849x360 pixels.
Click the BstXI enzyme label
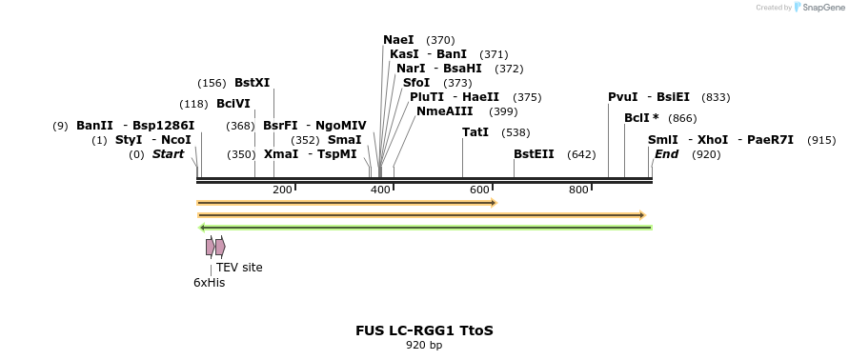click(x=252, y=83)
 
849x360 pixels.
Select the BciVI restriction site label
click(x=233, y=104)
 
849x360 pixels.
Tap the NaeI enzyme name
click(x=398, y=40)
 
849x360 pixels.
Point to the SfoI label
click(x=416, y=83)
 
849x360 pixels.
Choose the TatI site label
click(x=475, y=132)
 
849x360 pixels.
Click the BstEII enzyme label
click(x=534, y=154)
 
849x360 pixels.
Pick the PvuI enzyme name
click(x=623, y=97)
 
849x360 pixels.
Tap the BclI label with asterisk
click(x=641, y=118)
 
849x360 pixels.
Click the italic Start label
click(x=168, y=154)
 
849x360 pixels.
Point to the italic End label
click(x=666, y=154)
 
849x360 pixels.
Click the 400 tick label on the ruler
click(x=381, y=190)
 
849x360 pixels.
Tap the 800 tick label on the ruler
click(x=578, y=190)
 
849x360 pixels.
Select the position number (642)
click(x=581, y=154)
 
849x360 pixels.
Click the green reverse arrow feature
click(x=425, y=228)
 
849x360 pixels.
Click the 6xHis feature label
click(x=209, y=283)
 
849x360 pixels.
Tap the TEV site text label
click(x=239, y=268)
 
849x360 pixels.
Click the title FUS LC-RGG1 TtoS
click(x=424, y=331)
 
